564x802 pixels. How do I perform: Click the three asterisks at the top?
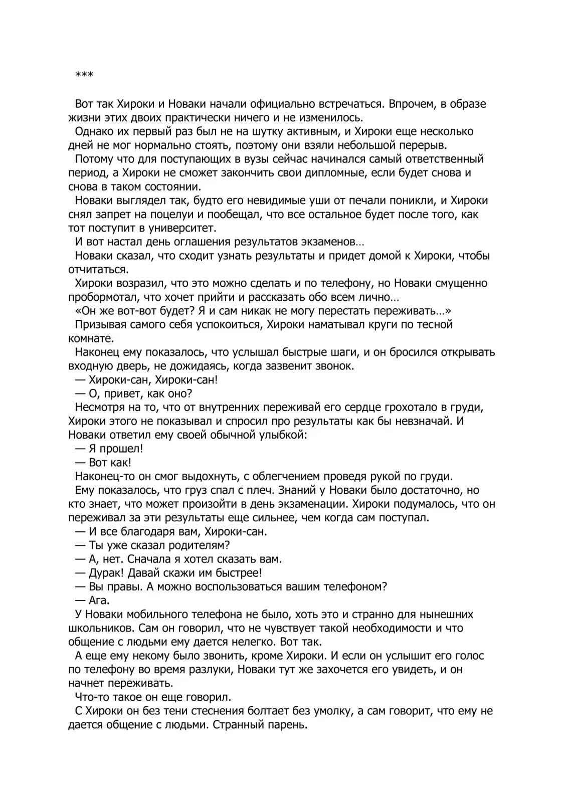[84, 75]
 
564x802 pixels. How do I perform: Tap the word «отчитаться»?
[91, 270]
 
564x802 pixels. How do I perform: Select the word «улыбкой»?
[282, 435]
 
